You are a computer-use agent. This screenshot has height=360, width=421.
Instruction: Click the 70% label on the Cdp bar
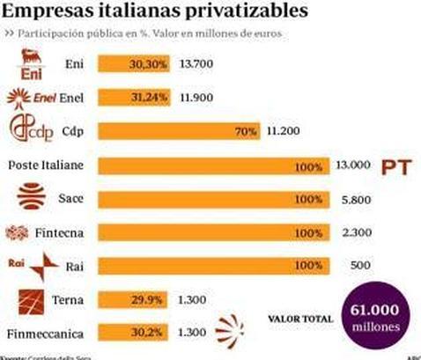coord(245,131)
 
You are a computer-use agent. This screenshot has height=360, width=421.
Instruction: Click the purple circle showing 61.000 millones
coord(380,318)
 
